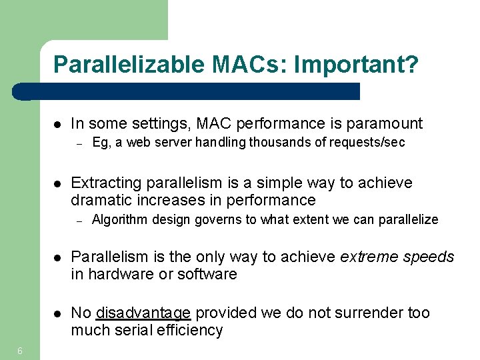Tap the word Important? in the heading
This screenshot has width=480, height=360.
[356, 65]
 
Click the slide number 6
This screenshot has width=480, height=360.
[21, 351]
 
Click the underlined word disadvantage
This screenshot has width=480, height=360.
[143, 313]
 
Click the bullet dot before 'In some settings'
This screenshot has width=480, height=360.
[58, 124]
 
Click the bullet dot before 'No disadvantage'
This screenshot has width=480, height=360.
[58, 313]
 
